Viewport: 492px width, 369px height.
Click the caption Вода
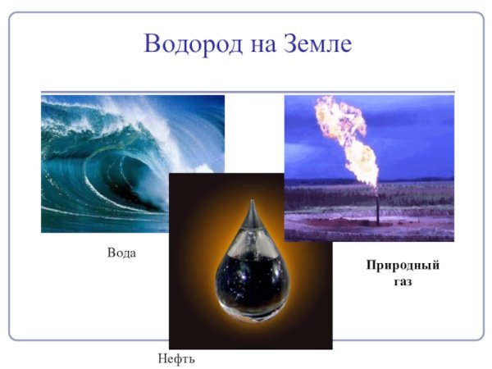click(121, 253)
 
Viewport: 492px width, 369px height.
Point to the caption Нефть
click(176, 358)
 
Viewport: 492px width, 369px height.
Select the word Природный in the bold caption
click(402, 266)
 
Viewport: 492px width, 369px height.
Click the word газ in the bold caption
click(402, 281)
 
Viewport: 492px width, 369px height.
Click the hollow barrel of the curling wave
click(123, 176)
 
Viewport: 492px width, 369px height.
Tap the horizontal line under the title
click(246, 92)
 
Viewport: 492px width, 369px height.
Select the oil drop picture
click(250, 262)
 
